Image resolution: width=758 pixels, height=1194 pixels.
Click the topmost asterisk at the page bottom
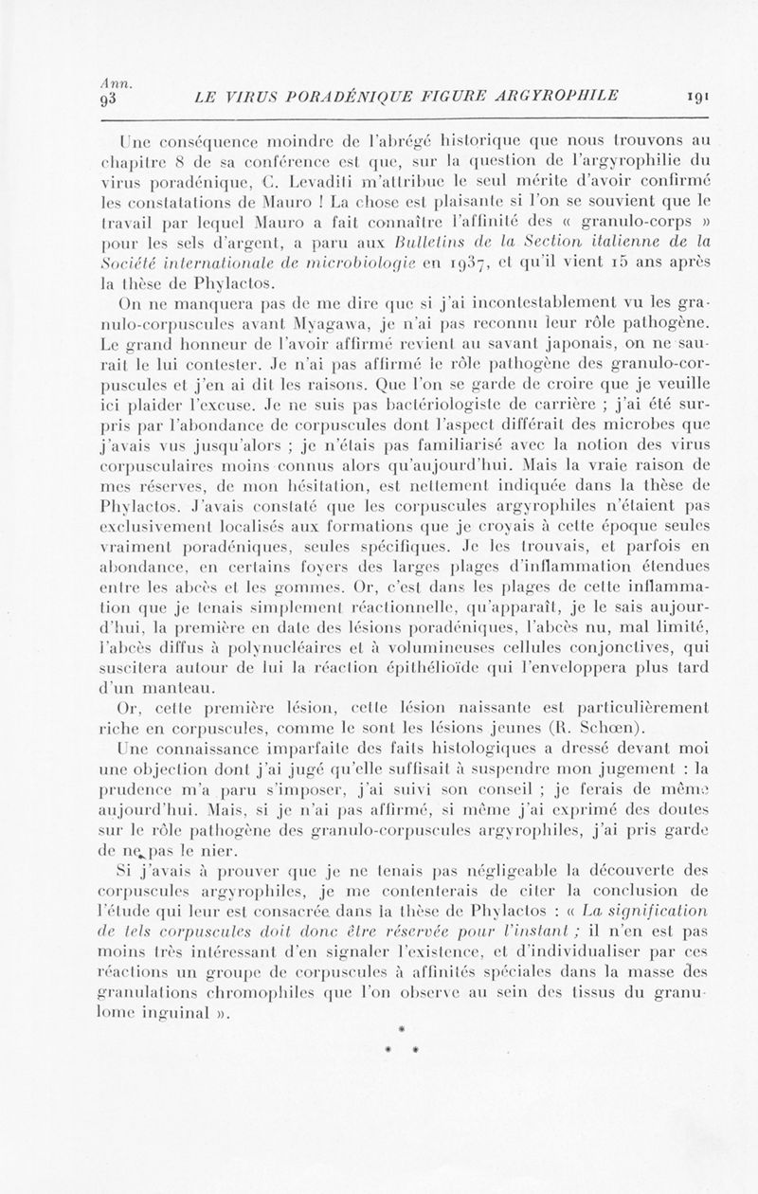[403, 1026]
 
